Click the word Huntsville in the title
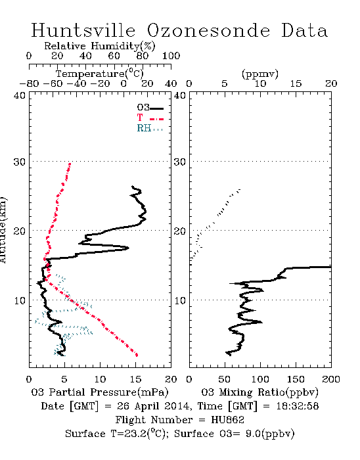pos(83,30)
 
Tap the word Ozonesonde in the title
pos(208,31)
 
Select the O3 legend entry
pos(150,108)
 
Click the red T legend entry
pos(150,118)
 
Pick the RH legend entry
pos(150,128)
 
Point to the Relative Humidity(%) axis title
pos(100,46)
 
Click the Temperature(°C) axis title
pos(100,74)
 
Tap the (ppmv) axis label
pos(260,74)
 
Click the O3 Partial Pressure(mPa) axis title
pos(100,392)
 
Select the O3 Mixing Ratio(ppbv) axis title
pos(259,392)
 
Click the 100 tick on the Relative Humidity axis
pos(171,56)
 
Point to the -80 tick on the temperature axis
pos(29,84)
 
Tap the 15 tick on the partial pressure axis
pos(135,379)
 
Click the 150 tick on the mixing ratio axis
pos(296,379)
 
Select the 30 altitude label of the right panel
pos(180,162)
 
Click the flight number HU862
pos(227,420)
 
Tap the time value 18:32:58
pos(298,406)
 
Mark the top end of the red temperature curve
pos(70,164)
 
